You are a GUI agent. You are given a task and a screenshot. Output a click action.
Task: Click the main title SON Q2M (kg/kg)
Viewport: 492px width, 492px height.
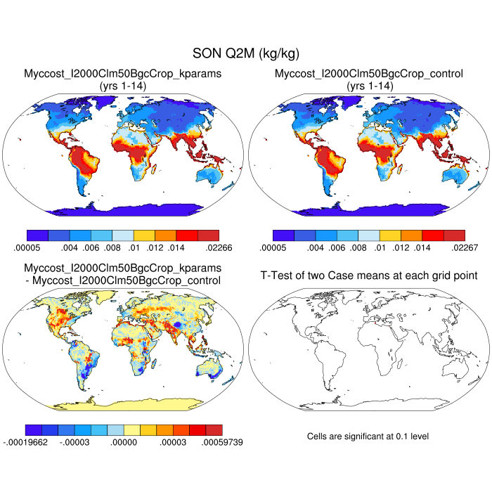pyautogui.click(x=246, y=53)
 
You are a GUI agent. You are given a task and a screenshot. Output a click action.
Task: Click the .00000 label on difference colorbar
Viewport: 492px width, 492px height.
pyautogui.click(x=122, y=443)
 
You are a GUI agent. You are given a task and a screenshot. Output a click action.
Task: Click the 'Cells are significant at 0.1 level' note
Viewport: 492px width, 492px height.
pyautogui.click(x=368, y=436)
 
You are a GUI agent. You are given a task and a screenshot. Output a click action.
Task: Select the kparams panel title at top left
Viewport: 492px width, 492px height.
pyautogui.click(x=123, y=73)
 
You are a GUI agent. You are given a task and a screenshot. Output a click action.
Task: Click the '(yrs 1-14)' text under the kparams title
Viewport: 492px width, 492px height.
pyautogui.click(x=123, y=85)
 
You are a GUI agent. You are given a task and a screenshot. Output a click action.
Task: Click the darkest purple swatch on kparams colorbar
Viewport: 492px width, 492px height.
pyautogui.click(x=37, y=235)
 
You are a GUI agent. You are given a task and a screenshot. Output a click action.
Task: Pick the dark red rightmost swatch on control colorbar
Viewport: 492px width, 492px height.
pyautogui.click(x=455, y=235)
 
